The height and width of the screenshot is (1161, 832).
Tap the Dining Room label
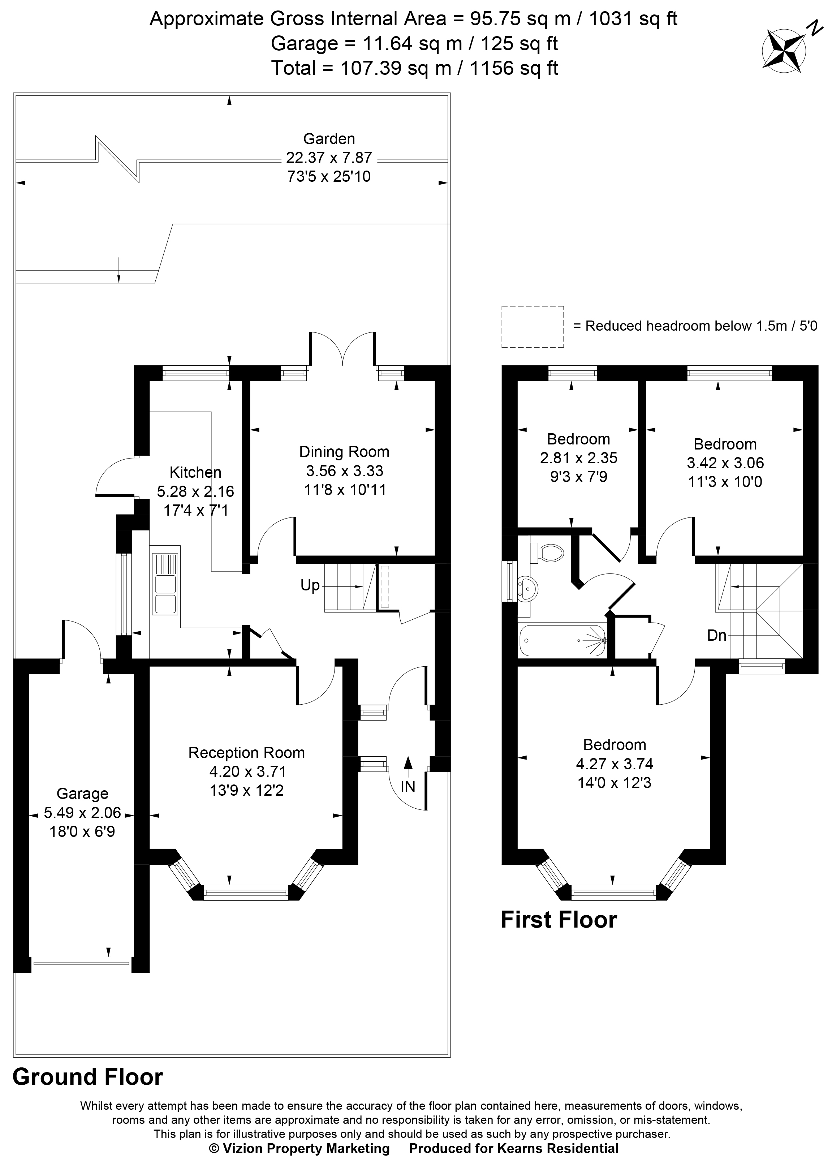(x=344, y=452)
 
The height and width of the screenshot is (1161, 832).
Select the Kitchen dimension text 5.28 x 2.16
(x=195, y=491)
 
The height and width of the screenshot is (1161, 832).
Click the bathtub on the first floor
(x=562, y=640)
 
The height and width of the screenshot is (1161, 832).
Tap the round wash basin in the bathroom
(x=527, y=588)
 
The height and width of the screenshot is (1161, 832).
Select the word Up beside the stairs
(x=310, y=585)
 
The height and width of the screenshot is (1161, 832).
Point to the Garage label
(x=82, y=794)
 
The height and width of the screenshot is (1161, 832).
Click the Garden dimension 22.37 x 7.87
(x=329, y=158)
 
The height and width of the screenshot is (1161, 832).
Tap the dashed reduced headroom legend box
(x=532, y=327)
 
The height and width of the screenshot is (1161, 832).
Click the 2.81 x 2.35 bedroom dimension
(x=578, y=457)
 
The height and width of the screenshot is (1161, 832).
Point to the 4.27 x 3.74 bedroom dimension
(x=614, y=764)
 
